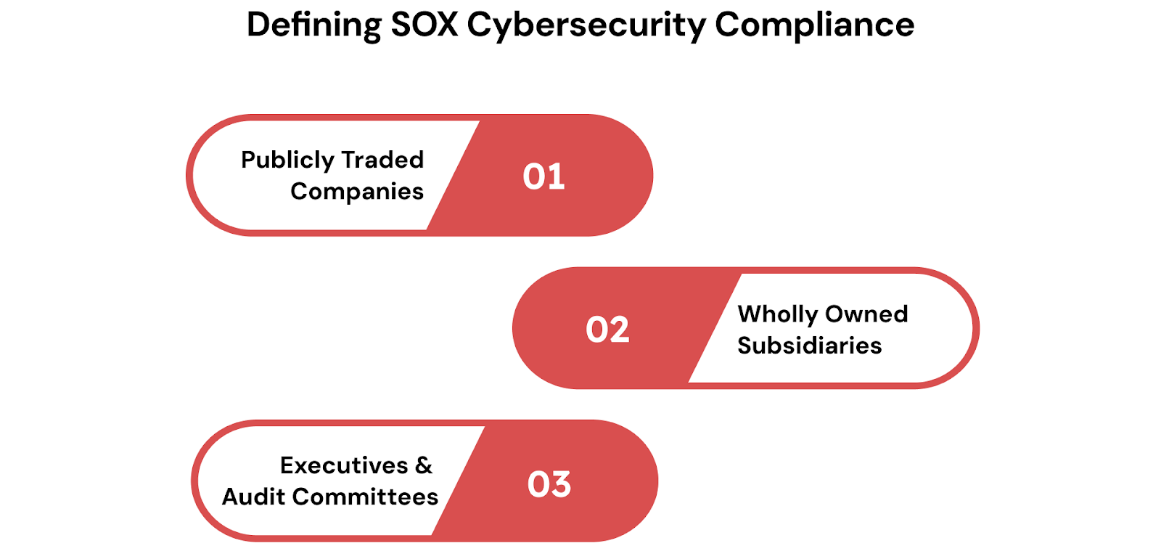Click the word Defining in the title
pos(313,25)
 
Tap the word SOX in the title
pos(424,25)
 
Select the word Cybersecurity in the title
pos(586,25)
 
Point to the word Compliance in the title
pos(814,25)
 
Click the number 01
pos(544,176)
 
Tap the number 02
pos(607,330)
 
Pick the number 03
pos(549,484)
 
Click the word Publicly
pos(287,160)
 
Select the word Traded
pos(382,160)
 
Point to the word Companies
pos(357,192)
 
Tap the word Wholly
pos(778,314)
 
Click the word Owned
pos(866,314)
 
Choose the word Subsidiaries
pos(810,346)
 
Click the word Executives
pos(344,465)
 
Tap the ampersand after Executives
pos(424,465)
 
